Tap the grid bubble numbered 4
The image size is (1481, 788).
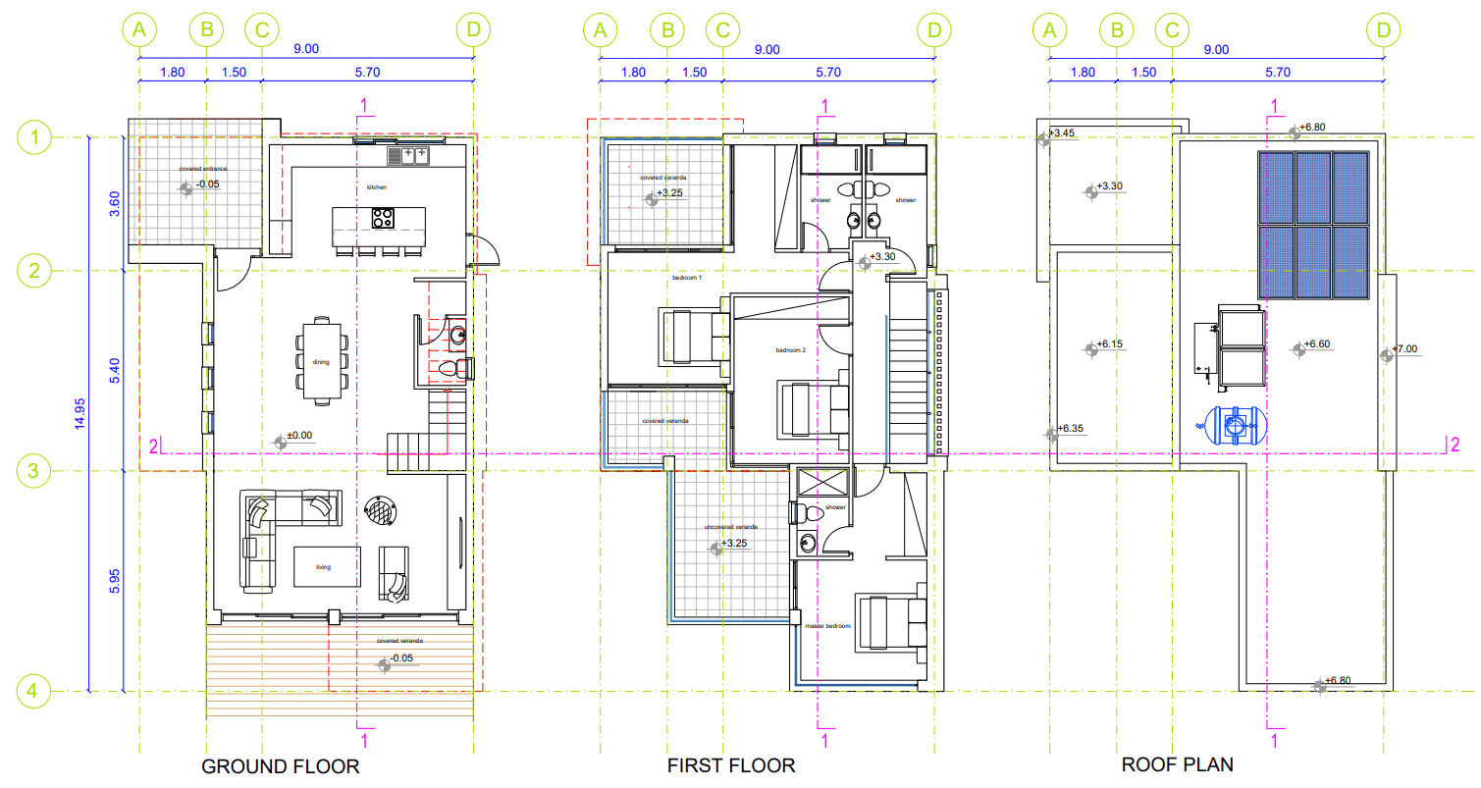(x=34, y=692)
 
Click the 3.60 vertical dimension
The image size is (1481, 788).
(x=114, y=203)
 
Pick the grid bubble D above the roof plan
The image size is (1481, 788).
(x=1384, y=30)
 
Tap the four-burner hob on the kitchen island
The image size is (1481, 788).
(x=382, y=218)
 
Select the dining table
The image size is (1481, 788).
(x=321, y=359)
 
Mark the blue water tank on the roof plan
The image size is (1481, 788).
(x=1233, y=424)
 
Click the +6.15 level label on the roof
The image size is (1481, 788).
(x=1109, y=344)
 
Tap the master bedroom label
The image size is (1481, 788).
(x=827, y=626)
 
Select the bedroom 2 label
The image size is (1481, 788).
(x=790, y=350)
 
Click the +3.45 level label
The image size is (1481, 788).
(x=1062, y=132)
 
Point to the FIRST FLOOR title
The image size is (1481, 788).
(x=731, y=765)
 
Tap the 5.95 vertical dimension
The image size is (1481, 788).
(x=114, y=581)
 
